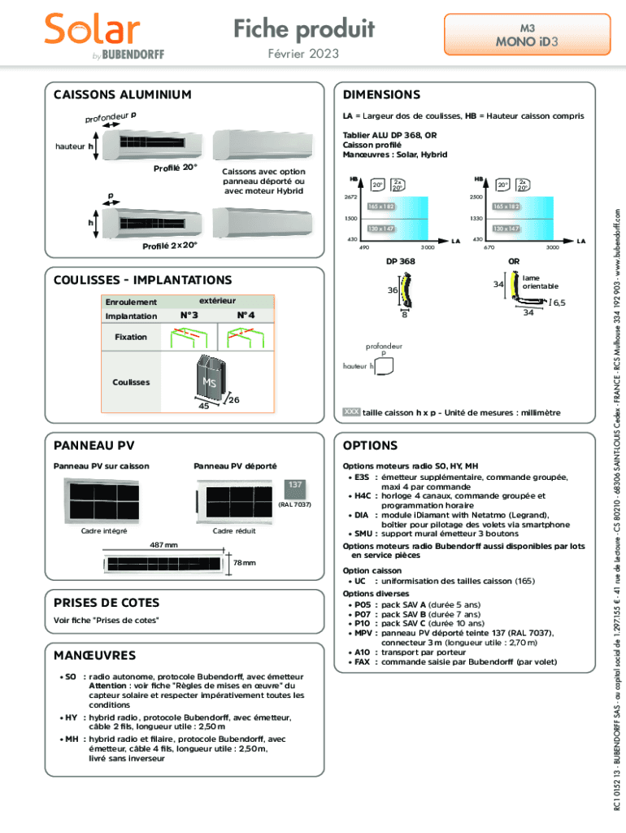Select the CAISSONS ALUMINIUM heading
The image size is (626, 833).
123,94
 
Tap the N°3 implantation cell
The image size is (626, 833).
188,316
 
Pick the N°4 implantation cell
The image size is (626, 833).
246,316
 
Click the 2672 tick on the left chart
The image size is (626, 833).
350,197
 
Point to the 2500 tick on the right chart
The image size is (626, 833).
478,197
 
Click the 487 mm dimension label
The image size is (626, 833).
164,545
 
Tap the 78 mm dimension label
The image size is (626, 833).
244,563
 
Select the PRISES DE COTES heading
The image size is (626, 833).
107,603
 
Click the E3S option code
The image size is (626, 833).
362,478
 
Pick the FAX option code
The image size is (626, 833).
362,662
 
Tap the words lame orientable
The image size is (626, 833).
540,281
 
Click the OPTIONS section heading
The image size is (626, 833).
370,446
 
